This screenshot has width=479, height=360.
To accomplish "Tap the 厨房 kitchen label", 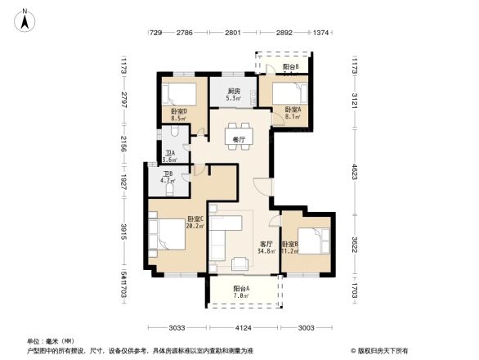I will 234,92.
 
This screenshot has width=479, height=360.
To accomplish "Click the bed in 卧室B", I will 316,241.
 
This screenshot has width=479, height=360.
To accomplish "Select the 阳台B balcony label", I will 290,66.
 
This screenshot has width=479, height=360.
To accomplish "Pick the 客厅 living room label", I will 266,244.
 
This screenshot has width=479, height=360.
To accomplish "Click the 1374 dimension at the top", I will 320,33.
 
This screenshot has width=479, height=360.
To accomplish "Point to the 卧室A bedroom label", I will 293,110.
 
